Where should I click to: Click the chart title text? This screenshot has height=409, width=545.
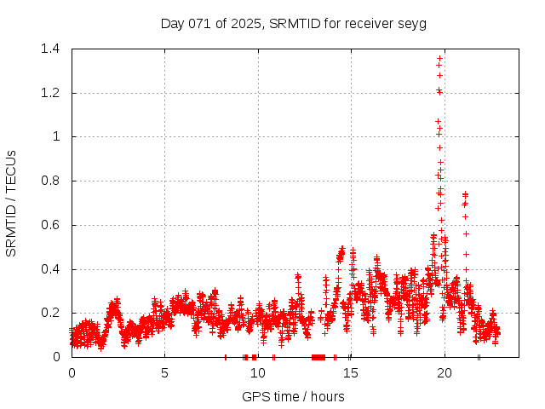[293, 23]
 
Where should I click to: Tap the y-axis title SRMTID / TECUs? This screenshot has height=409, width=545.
[11, 203]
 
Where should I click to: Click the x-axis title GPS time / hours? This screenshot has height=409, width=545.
[293, 396]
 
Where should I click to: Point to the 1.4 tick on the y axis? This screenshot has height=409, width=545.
[54, 49]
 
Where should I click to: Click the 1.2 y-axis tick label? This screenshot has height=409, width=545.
[54, 93]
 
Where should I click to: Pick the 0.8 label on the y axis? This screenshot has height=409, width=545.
[54, 181]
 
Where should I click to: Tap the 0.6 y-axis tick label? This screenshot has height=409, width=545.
[54, 225]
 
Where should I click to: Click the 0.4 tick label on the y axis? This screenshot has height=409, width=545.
[54, 269]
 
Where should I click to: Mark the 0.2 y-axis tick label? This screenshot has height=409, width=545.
[54, 313]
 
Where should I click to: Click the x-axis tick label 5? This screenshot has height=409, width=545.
[165, 372]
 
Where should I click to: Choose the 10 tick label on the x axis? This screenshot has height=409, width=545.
[258, 372]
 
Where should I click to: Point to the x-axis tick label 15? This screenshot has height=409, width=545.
[351, 372]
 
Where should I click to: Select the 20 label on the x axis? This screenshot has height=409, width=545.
[444, 372]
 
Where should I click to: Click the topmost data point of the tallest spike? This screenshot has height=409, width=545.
[439, 58]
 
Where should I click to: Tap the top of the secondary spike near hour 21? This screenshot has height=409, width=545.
[465, 193]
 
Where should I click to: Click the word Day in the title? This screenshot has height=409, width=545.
[173, 23]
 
